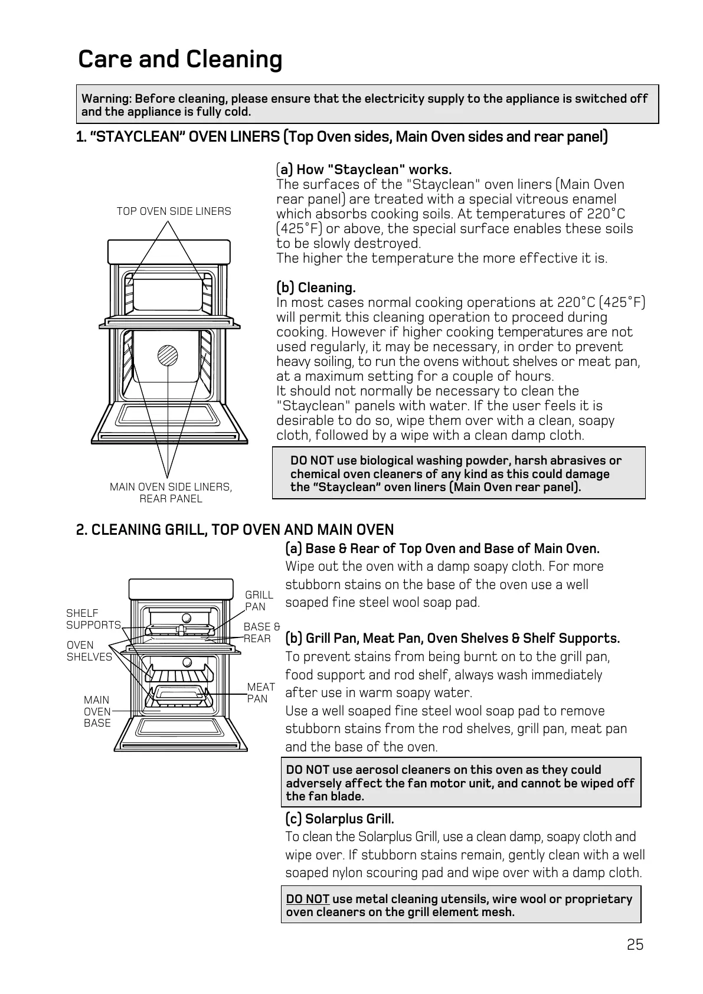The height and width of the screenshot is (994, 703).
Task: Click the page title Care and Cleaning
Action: pyautogui.click(x=180, y=60)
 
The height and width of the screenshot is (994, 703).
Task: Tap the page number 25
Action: pyautogui.click(x=635, y=945)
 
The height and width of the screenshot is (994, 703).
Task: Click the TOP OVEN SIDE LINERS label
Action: pyautogui.click(x=174, y=211)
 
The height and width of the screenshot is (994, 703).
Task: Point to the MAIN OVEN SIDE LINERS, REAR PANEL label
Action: pyautogui.click(x=171, y=493)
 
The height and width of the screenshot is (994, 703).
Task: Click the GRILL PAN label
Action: pyautogui.click(x=259, y=601)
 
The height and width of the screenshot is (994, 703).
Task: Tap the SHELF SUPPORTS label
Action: pyautogui.click(x=93, y=619)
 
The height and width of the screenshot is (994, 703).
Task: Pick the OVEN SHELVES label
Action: pyautogui.click(x=89, y=651)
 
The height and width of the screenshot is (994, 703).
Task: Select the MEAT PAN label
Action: pyautogui.click(x=260, y=693)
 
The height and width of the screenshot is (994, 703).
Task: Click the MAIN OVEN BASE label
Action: pyautogui.click(x=97, y=711)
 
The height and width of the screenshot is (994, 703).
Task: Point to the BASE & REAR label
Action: pyautogui.click(x=261, y=633)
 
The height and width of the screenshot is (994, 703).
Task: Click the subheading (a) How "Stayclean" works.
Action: pyautogui.click(x=364, y=170)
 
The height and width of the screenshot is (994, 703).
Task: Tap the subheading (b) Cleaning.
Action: pyautogui.click(x=316, y=288)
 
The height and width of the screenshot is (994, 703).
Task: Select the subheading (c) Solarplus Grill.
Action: pyautogui.click(x=339, y=819)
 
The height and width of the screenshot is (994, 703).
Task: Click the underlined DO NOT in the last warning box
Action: pyautogui.click(x=307, y=899)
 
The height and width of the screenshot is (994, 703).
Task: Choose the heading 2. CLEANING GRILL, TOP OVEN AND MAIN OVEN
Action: pyautogui.click(x=235, y=530)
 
